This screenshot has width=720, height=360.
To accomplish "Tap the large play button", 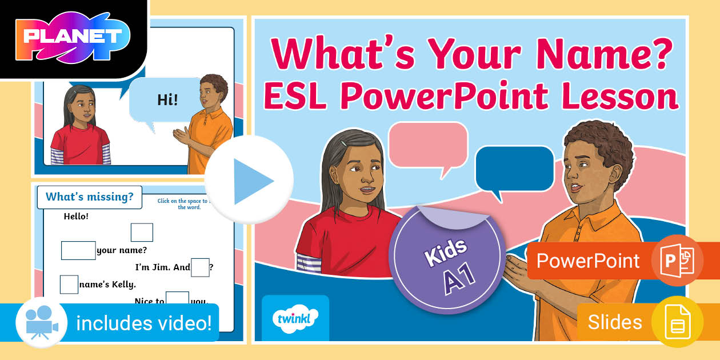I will tap(249, 180).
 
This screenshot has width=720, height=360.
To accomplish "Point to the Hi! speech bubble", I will tap(167, 100).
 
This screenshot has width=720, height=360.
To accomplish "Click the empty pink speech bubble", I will tap(428, 143).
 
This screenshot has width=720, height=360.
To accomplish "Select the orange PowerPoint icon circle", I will tap(677, 261).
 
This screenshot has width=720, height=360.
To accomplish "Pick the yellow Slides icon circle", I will tap(677, 322).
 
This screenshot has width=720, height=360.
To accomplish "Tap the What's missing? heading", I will tap(89, 197).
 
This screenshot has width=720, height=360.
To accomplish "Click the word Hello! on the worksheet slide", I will tap(76, 217).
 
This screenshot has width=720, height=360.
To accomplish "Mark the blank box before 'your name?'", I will tap(78, 250).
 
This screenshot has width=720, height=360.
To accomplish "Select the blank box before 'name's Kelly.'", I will tap(69, 284).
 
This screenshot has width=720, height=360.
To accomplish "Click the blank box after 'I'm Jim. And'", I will tap(200, 267).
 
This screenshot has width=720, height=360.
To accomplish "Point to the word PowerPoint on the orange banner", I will tap(587, 261).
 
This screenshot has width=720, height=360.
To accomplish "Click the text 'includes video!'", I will tap(144, 323).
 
